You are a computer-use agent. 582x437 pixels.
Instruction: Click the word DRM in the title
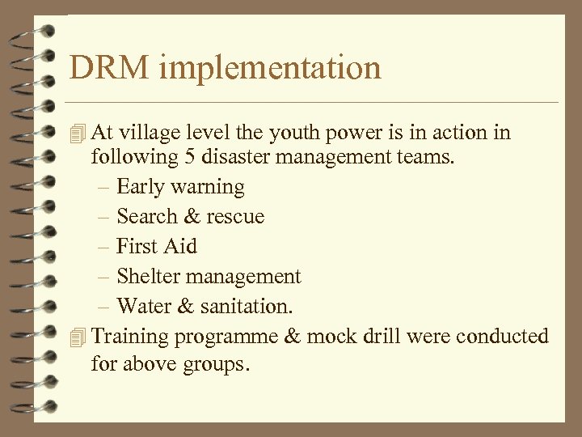pyautogui.click(x=109, y=67)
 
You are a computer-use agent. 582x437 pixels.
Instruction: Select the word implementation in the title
pyautogui.click(x=269, y=69)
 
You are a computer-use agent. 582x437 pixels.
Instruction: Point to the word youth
pyautogui.click(x=290, y=133)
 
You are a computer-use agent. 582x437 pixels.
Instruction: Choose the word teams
pyautogui.click(x=426, y=156)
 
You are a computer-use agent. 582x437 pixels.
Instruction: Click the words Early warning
pyautogui.click(x=180, y=187)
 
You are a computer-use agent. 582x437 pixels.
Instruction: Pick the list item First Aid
pyautogui.click(x=157, y=246)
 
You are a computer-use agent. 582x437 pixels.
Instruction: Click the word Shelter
pyautogui.click(x=145, y=276)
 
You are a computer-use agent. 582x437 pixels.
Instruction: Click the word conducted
pyautogui.click(x=502, y=336)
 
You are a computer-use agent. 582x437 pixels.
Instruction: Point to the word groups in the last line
pyautogui.click(x=207, y=365)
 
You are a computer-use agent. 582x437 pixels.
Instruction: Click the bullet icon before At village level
pyautogui.click(x=77, y=133)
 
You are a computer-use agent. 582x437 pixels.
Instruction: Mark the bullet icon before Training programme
pyautogui.click(x=77, y=336)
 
